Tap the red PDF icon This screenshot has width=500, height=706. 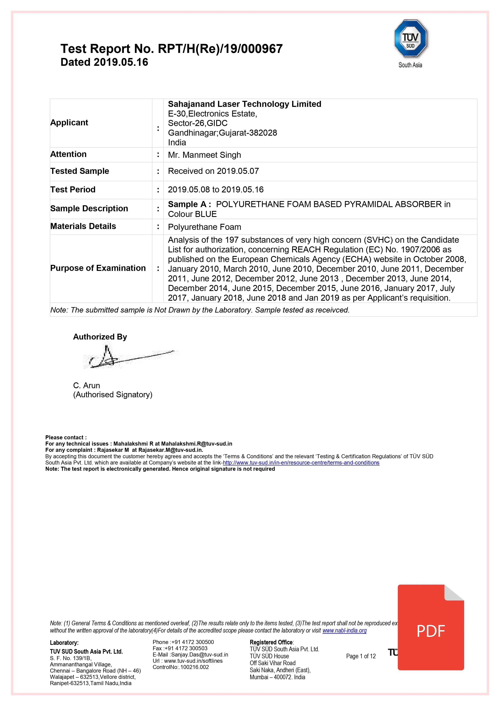coord(430,629)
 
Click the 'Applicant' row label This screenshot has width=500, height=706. coord(69,123)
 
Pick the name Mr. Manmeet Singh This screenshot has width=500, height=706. coord(204,155)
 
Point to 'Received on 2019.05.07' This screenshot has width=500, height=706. coord(213,171)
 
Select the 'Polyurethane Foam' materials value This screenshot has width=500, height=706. coord(204,227)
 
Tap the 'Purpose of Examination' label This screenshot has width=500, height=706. coord(98,268)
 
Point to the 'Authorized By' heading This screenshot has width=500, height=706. coord(100,337)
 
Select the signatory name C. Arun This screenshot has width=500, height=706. coord(86,386)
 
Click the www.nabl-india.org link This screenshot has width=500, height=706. coord(344,631)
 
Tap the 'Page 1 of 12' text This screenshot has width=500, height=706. coord(361,656)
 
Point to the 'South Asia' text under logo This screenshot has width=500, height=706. coord(410,65)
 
